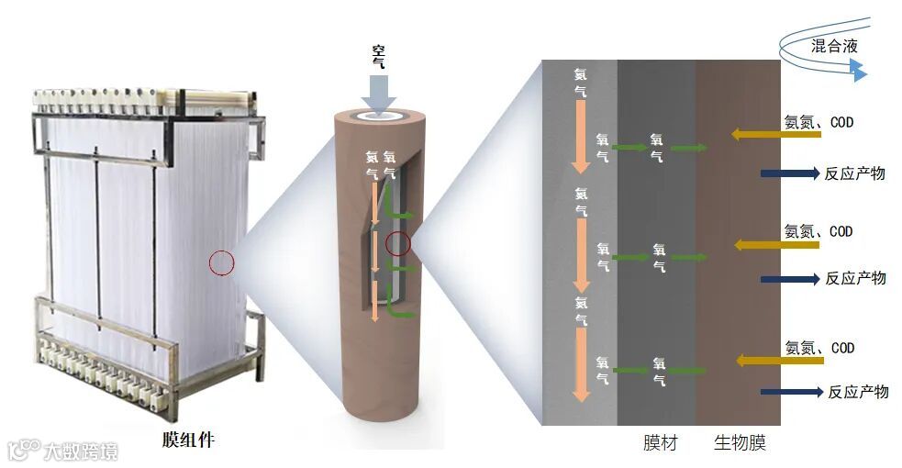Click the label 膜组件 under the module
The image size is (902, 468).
tap(188, 440)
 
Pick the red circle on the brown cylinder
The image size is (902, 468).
tap(397, 243)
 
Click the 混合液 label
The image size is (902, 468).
tap(834, 46)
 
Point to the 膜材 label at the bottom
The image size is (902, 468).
tap(661, 444)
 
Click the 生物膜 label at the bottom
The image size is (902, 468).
tap(740, 444)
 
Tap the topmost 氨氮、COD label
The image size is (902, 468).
tap(818, 121)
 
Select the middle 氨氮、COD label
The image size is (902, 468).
tap(818, 231)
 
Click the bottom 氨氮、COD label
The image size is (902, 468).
tap(819, 348)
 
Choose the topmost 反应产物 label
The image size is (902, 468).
tap(854, 173)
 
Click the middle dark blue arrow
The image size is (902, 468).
tap(789, 278)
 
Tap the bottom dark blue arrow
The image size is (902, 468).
tap(790, 392)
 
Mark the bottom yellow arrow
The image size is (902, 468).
tap(759, 361)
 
